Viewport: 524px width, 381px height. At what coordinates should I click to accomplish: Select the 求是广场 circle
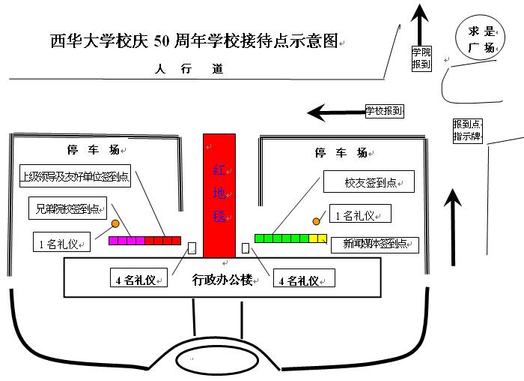pyautogui.click(x=480, y=40)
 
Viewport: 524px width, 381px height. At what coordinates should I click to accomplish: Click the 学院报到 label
pyautogui.click(x=421, y=58)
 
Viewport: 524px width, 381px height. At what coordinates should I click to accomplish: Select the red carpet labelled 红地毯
pyautogui.click(x=219, y=196)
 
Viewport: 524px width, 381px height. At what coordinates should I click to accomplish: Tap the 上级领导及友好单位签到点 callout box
pyautogui.click(x=74, y=177)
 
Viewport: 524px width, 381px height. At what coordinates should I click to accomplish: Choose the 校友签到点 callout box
pyautogui.click(x=369, y=182)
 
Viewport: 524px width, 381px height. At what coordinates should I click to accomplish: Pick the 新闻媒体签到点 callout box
pyautogui.click(x=374, y=244)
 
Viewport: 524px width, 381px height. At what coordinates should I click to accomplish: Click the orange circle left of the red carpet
pyautogui.click(x=116, y=223)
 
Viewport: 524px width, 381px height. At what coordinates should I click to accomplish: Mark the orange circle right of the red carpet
pyautogui.click(x=316, y=221)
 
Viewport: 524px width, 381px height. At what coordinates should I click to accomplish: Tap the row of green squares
pyautogui.click(x=281, y=238)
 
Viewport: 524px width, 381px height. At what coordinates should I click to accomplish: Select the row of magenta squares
pyautogui.click(x=127, y=241)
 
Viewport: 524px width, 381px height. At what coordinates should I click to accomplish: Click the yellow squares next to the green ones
pyautogui.click(x=318, y=238)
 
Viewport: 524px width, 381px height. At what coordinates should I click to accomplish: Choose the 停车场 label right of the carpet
pyautogui.click(x=341, y=153)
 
